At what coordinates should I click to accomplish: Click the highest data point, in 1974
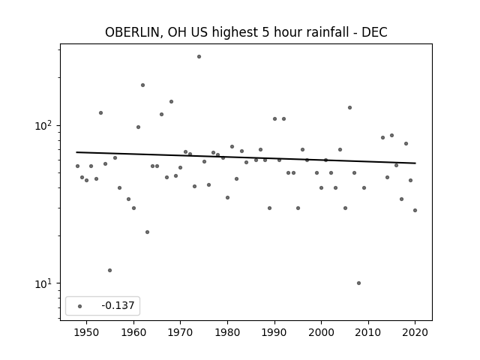199,57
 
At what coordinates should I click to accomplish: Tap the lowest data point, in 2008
358,283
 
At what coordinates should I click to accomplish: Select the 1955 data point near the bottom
110,270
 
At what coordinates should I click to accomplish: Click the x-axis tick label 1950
87,332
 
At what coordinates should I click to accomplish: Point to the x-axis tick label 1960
133,332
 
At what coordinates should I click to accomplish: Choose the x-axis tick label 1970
181,332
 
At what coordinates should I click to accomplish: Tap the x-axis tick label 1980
227,332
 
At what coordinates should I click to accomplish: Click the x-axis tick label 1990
274,332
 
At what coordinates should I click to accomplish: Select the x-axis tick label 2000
322,332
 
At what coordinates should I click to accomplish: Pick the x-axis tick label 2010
368,332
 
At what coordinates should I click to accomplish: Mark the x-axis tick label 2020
415,332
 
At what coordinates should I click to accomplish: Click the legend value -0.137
118,305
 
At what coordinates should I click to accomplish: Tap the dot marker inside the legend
80,306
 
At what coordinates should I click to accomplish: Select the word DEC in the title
374,32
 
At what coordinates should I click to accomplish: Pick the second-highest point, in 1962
142,85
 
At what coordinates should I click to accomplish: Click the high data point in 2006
349,108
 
